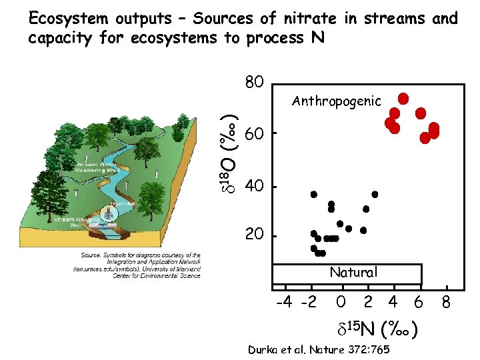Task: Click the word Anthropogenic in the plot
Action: coord(337,101)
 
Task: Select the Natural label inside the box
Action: coord(353,272)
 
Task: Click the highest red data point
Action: coord(403,97)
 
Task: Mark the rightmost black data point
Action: coord(375,194)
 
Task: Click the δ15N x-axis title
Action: coord(377,327)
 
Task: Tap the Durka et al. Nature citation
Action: coord(319,349)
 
